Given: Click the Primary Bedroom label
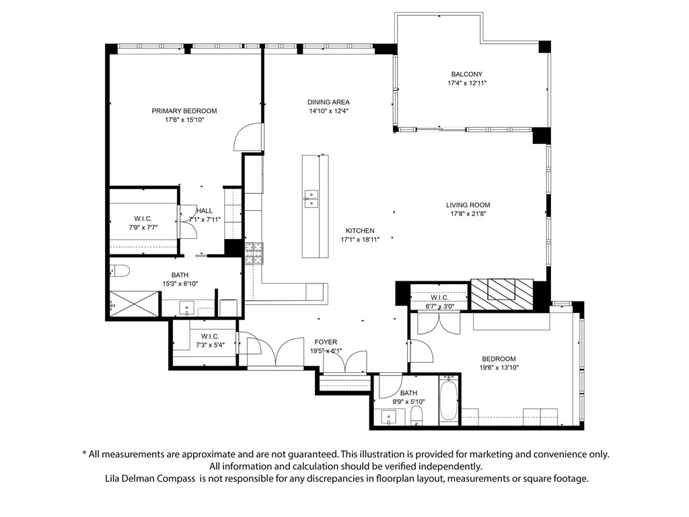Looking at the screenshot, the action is pos(184,111).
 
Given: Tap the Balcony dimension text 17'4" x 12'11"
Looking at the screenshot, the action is pos(467,83).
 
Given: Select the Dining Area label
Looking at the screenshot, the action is pos(328,102).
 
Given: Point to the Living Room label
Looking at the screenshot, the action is pos(468,205).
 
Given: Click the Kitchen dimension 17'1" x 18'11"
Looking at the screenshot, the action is pos(360,240).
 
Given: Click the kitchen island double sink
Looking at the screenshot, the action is pos(311,199).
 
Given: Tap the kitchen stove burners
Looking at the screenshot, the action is pos(254,254).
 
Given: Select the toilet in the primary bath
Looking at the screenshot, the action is pos(120,271).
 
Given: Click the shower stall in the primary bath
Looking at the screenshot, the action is pos(134,304).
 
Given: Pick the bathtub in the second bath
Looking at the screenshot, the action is pos(449,401).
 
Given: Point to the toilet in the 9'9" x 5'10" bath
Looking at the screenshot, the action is pos(416,415).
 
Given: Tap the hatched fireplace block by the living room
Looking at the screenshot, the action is pos(502,294).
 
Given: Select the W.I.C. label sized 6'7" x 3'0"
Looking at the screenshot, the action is pos(439,298).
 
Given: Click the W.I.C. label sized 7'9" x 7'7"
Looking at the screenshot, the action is pos(143,219).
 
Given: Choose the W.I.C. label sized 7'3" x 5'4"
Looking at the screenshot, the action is pos(210,337).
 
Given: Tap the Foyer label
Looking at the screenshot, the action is pos(326,342).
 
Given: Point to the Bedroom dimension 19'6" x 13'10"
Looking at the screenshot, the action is pos(499,368).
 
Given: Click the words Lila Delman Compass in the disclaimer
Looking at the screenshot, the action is pos(150,479).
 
